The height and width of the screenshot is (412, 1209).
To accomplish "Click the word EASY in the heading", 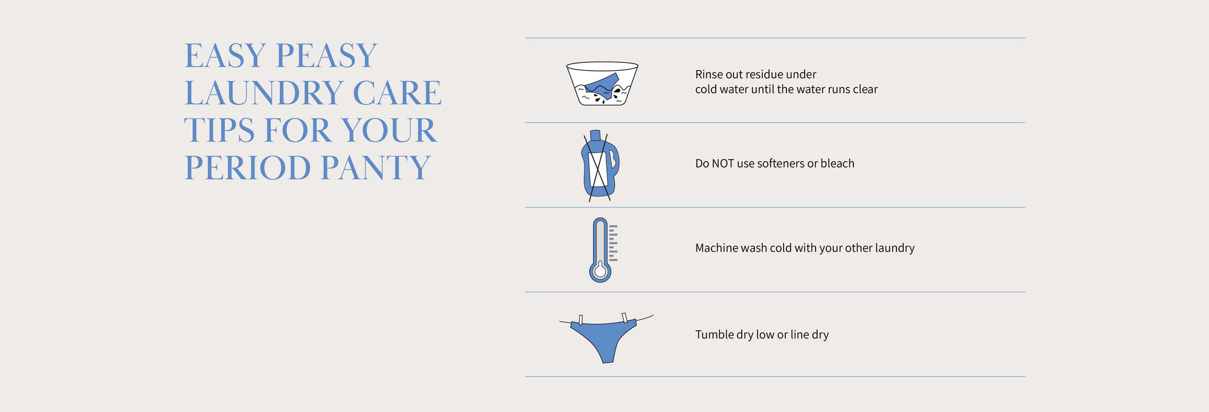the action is coord(225,56).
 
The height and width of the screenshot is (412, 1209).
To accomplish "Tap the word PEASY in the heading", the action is coord(326,56).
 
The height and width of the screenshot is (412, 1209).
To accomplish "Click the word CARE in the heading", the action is coord(397,93).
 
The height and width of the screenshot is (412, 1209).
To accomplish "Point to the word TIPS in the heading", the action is coord(219,131).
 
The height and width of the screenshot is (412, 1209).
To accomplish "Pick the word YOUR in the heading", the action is coord(388,131).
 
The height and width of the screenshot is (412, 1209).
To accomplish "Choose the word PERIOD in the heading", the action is coord(247,168).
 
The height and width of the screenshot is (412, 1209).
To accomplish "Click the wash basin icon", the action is coord(602,83).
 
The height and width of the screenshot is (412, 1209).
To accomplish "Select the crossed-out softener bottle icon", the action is coord(600,165).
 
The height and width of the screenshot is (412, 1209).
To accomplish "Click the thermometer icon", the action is coord(603,250).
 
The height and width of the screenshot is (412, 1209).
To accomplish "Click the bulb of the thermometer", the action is coord(600,272).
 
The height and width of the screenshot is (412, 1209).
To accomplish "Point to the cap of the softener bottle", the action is coord(595,135).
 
